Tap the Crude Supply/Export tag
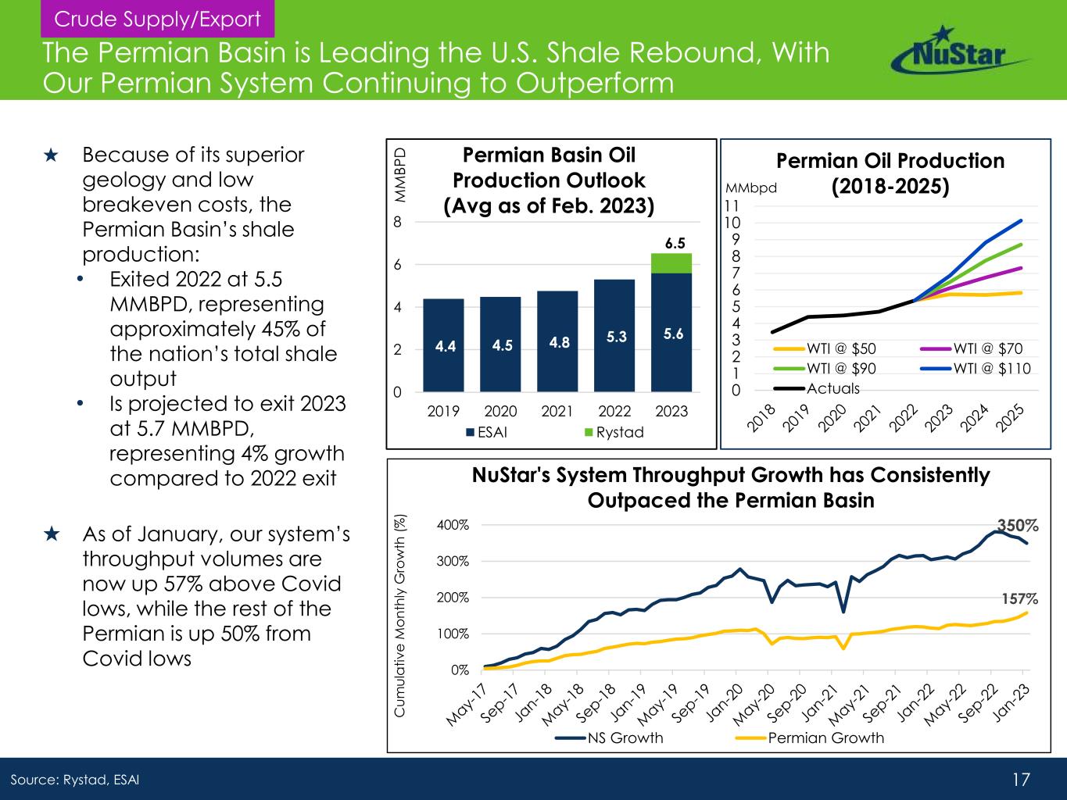152,19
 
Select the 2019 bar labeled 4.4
443,345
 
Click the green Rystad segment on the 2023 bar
671,263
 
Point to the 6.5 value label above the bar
675,243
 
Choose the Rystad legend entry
613,432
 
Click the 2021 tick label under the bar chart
557,411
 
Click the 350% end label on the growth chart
1015,524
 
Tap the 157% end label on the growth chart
1020,599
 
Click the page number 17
1021,779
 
